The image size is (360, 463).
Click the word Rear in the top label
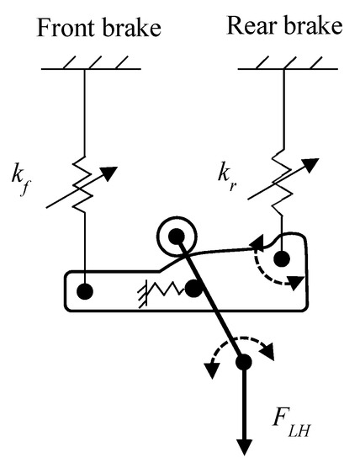[x=250, y=25]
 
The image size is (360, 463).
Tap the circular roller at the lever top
[x=176, y=237]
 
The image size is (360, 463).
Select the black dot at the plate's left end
[x=85, y=292]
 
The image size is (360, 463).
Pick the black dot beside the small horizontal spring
[x=193, y=290]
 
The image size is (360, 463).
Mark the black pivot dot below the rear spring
[x=282, y=260]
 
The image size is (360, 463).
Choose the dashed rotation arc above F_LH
[x=243, y=347]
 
